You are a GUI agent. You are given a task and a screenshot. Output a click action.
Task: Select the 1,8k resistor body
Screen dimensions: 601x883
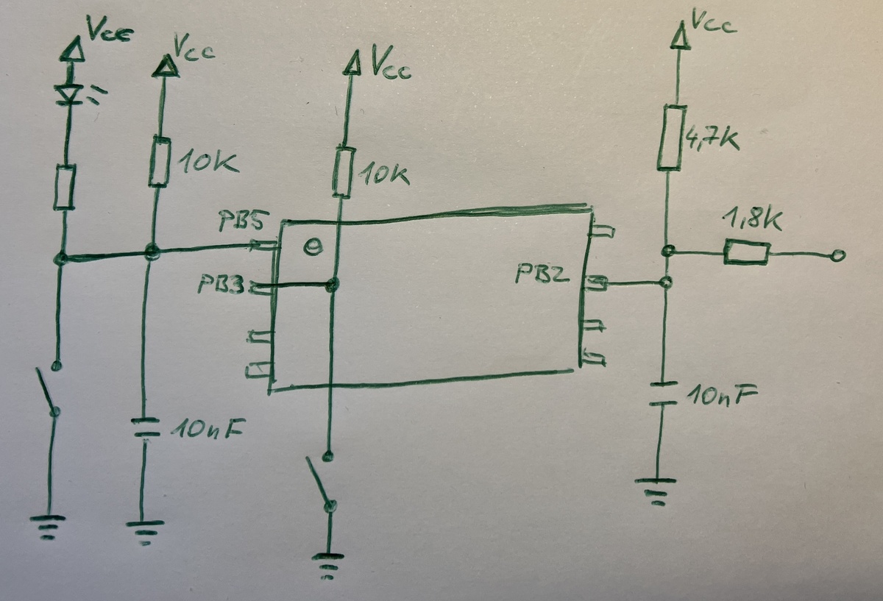747,253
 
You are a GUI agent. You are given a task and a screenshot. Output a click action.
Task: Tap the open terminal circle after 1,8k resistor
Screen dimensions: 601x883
837,256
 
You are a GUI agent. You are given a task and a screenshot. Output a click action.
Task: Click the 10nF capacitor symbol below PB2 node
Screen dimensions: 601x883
664,394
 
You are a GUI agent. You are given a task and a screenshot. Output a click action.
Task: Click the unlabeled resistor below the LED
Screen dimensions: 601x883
65,188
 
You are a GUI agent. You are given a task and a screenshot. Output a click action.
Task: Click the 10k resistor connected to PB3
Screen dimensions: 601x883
341,174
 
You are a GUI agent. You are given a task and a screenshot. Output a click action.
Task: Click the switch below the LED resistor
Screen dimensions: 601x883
50,390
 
